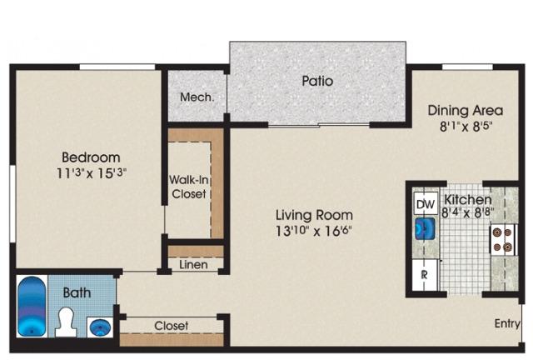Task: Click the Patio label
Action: (x=317, y=81)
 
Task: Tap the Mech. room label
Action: (x=197, y=97)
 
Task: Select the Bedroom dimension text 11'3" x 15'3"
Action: (x=91, y=173)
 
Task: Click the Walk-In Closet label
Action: (x=189, y=187)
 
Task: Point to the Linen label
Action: (x=193, y=264)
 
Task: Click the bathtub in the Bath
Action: (x=32, y=306)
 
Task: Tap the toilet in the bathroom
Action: (x=66, y=322)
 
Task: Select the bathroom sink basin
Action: (x=100, y=327)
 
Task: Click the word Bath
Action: (x=77, y=292)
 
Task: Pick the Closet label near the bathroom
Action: (x=172, y=326)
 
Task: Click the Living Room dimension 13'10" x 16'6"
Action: (x=313, y=231)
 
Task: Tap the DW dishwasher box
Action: (x=426, y=204)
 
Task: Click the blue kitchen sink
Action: (x=426, y=228)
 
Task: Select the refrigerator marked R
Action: (x=425, y=275)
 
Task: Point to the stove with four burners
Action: (x=503, y=239)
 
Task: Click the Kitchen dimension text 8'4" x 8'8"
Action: (x=468, y=213)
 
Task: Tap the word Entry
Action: (x=507, y=323)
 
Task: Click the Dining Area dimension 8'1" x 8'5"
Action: (x=466, y=127)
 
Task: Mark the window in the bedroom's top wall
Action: (x=117, y=67)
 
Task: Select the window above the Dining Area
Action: (x=467, y=67)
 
